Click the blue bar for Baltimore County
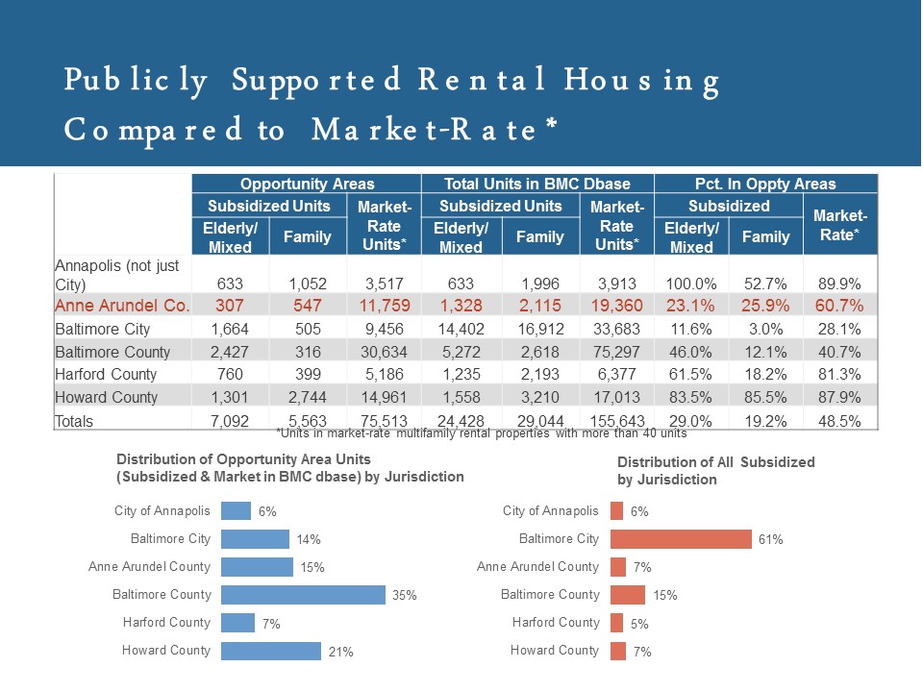click(303, 595)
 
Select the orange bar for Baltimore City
click(681, 539)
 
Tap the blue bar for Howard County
click(270, 651)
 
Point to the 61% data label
click(770, 540)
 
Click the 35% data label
click(404, 596)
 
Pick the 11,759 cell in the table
click(382, 307)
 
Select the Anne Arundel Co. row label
click(122, 307)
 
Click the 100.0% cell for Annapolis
click(690, 284)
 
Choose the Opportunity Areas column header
click(307, 184)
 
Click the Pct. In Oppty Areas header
click(766, 184)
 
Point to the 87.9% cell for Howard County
click(840, 397)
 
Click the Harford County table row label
click(106, 374)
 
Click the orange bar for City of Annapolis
click(616, 511)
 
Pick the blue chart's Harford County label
click(166, 623)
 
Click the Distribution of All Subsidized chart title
click(715, 470)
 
